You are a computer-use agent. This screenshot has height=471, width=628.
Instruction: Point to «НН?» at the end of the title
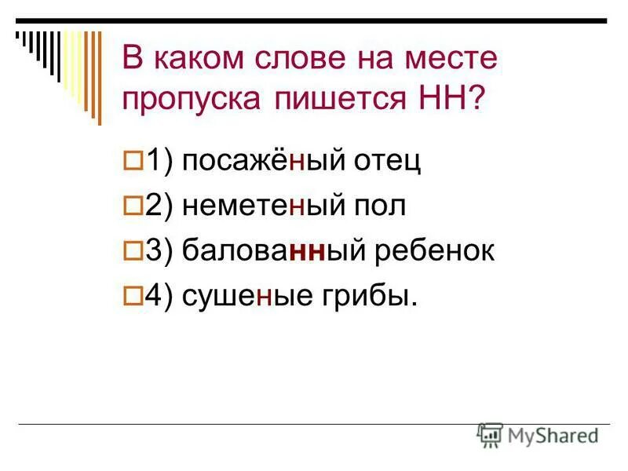click(451, 100)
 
